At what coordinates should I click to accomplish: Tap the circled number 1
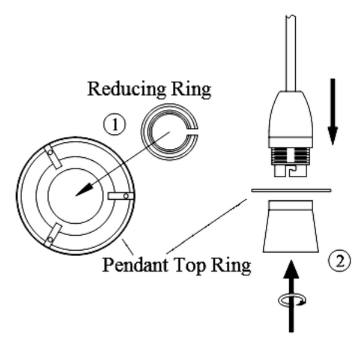(115, 125)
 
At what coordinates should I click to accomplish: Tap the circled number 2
(340, 261)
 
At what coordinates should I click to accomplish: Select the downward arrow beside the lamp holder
(334, 114)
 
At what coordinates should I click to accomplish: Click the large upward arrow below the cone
(291, 294)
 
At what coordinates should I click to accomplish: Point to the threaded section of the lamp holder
(290, 157)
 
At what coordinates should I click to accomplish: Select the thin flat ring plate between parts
(291, 191)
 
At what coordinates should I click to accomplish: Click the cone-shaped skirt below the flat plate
(290, 228)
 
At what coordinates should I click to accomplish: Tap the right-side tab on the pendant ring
(121, 195)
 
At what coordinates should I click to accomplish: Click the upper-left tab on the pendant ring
(53, 157)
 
